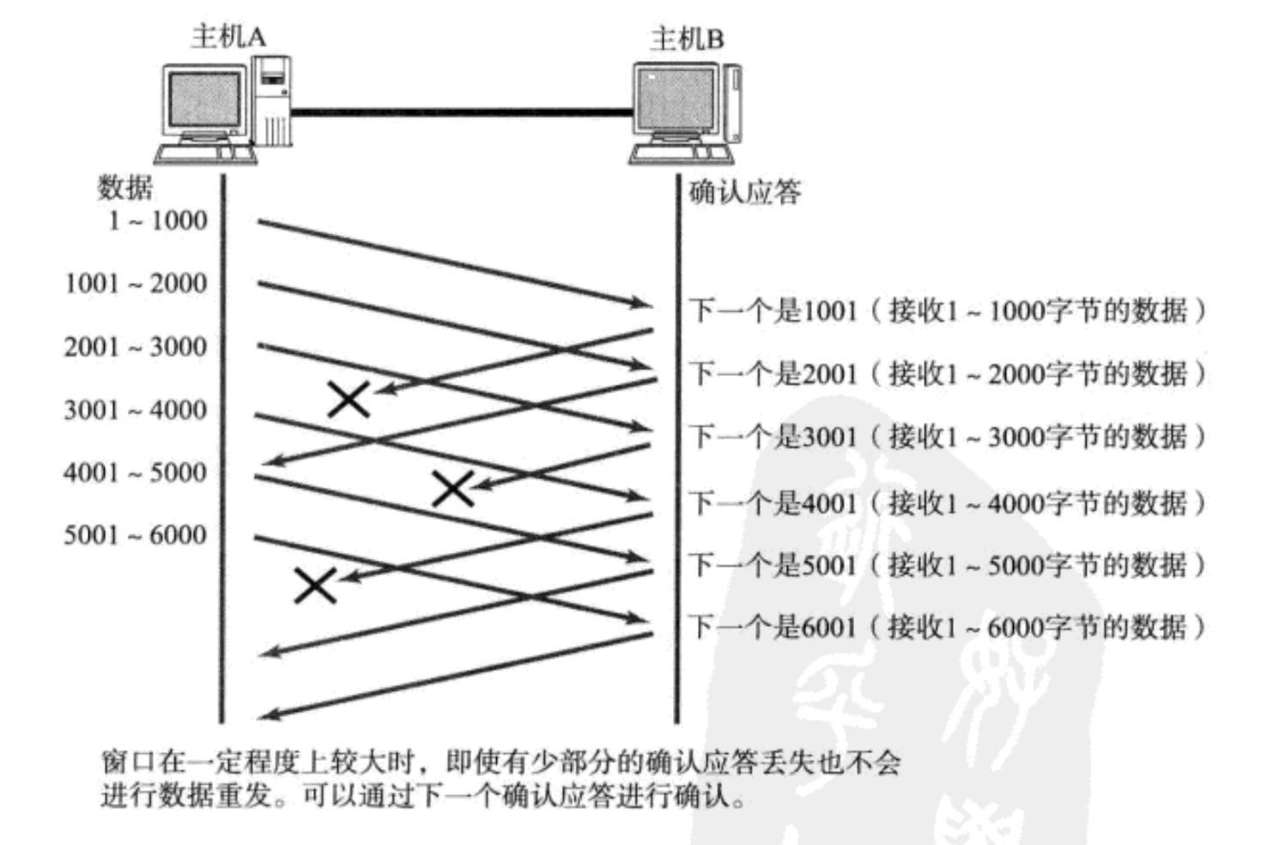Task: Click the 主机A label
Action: coord(228,36)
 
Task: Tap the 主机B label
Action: coord(687,39)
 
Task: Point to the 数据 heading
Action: coord(125,187)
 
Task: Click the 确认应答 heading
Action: coord(744,191)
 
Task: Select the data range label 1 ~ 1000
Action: coord(158,221)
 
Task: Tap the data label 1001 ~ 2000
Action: coord(136,283)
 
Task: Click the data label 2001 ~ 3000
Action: coord(136,347)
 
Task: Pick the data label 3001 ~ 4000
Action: coord(136,410)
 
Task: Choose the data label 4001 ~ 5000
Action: coord(136,472)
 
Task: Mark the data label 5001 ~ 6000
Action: coord(136,535)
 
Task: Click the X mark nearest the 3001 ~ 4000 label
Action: coord(349,399)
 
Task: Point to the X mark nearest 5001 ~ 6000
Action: coord(315,586)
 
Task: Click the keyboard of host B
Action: coord(682,155)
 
